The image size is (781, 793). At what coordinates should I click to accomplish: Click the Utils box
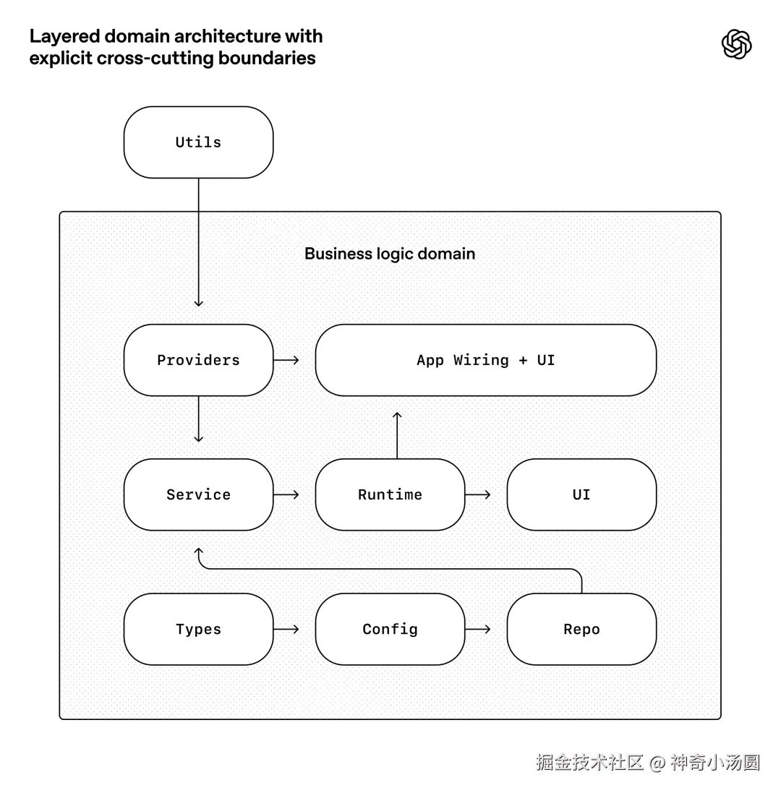198,142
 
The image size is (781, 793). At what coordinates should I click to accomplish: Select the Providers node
198,360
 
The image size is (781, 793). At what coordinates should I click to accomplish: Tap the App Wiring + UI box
485,360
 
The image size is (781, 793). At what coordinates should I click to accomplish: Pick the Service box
198,494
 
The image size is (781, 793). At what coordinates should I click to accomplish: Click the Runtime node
390,494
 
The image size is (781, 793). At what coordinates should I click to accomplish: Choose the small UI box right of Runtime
581,494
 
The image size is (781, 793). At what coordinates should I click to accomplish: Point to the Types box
198,629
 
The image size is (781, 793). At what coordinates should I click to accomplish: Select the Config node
390,629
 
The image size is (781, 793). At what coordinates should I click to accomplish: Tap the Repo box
581,629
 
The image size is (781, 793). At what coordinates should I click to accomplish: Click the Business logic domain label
390,254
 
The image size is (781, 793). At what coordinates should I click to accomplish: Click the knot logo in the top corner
736,44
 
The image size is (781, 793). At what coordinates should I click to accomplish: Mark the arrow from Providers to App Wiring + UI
286,360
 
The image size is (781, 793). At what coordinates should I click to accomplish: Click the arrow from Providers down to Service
199,419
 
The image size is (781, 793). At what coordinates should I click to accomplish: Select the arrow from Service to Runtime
286,494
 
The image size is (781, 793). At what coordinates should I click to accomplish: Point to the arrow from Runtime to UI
478,494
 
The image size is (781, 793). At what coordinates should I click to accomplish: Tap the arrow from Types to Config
286,629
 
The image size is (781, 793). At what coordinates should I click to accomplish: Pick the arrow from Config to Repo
478,629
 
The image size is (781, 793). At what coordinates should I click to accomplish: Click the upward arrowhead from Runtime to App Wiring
397,416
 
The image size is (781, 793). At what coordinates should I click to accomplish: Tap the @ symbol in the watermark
657,763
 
